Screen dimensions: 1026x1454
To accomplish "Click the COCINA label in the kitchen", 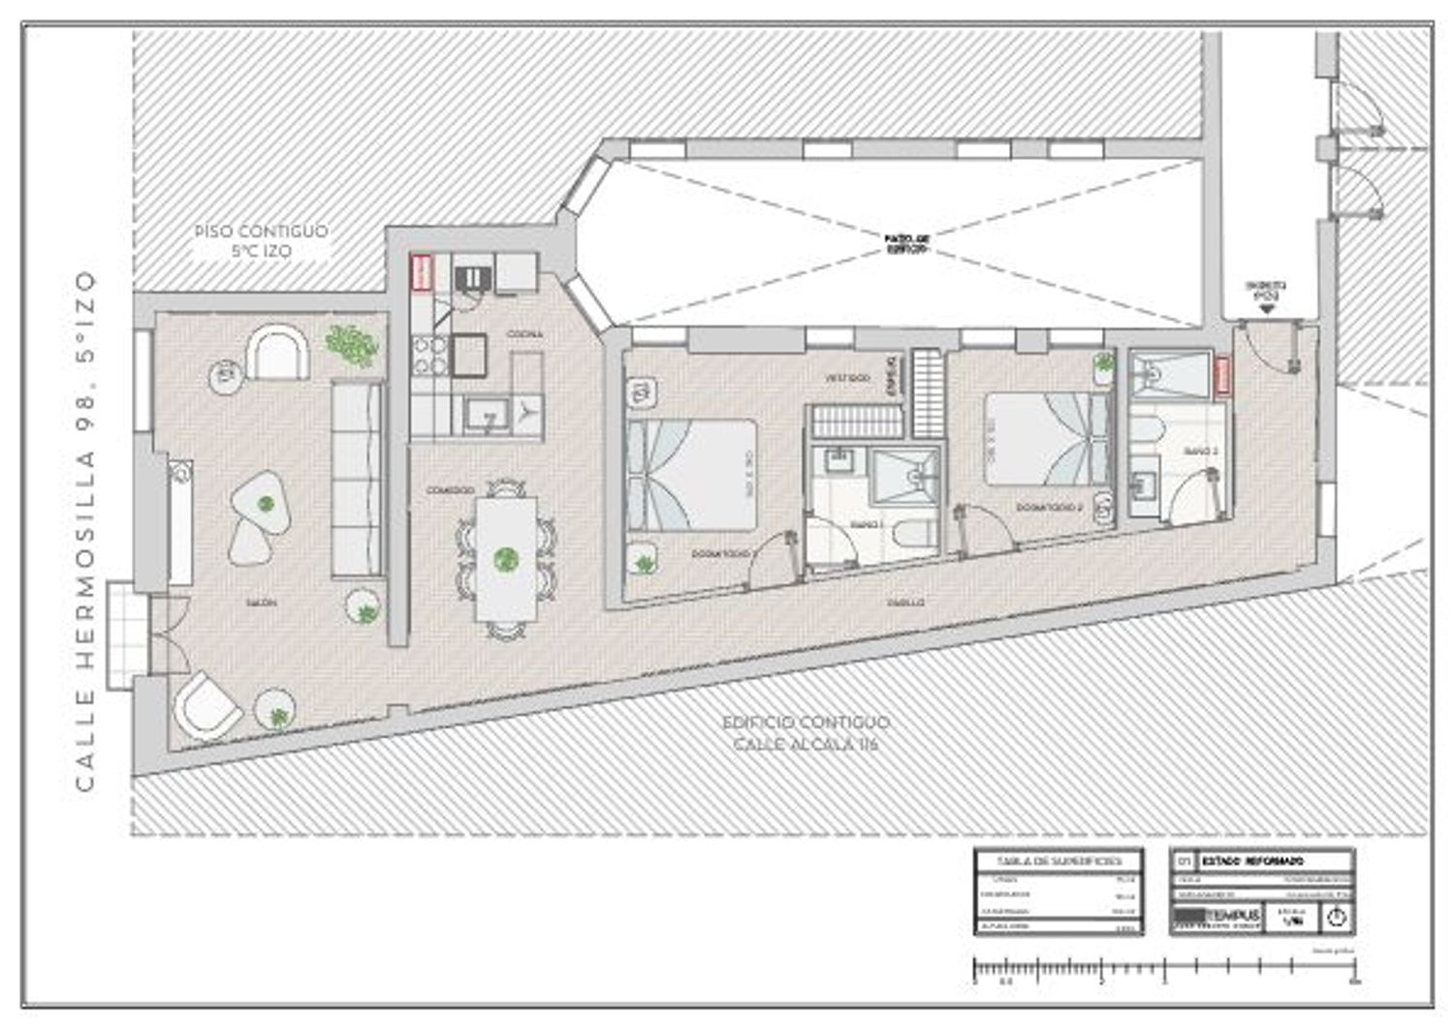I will (x=524, y=334).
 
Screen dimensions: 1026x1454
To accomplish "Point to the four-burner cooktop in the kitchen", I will (x=429, y=355).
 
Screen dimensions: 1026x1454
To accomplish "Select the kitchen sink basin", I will (x=481, y=418).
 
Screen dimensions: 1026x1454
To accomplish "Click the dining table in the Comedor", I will (x=505, y=559).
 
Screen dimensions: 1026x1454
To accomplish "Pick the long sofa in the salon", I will (x=357, y=480).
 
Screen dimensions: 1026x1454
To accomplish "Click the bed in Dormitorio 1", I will (x=690, y=474).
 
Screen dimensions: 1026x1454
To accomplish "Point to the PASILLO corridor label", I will (x=905, y=603).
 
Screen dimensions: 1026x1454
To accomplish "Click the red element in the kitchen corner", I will (x=422, y=272).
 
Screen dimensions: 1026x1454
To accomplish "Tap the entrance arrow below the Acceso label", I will (x=1268, y=308).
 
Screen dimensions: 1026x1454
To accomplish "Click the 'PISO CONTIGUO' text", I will (x=261, y=232).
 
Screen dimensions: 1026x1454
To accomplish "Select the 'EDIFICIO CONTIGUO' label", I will (x=806, y=723).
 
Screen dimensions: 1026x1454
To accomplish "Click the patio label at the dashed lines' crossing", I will (x=907, y=242).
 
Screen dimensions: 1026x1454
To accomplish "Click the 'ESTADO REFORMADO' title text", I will (x=1252, y=860).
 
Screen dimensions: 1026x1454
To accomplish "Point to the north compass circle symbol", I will (x=1336, y=917).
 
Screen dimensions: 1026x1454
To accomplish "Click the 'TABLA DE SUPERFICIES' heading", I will (x=1058, y=860).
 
